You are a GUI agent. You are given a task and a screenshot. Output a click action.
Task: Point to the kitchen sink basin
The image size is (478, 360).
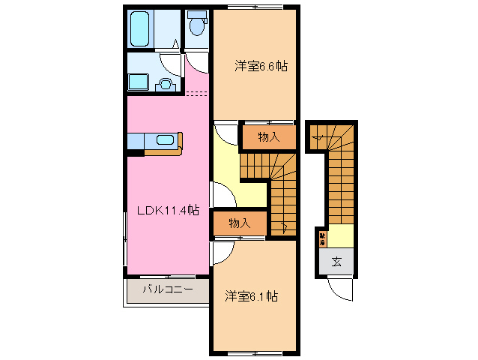(166, 139)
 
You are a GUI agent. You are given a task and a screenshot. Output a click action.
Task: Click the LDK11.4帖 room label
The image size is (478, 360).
(167, 211)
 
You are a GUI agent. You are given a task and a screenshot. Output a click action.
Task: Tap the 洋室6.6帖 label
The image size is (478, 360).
(261, 66)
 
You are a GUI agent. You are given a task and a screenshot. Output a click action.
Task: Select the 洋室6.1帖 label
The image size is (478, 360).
(251, 297)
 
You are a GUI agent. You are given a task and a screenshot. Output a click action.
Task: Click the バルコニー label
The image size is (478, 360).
(168, 289)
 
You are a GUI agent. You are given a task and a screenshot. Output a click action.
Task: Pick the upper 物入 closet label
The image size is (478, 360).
(268, 136)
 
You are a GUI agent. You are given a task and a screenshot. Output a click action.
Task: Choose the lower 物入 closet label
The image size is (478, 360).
(240, 223)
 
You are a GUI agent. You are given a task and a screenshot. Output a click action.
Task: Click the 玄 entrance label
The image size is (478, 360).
(336, 261)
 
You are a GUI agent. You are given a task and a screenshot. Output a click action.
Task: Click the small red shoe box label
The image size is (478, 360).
(322, 239)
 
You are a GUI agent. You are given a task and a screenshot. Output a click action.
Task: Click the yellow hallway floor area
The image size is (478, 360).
(225, 161)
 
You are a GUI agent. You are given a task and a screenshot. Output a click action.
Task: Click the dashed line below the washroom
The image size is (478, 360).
(196, 94)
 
